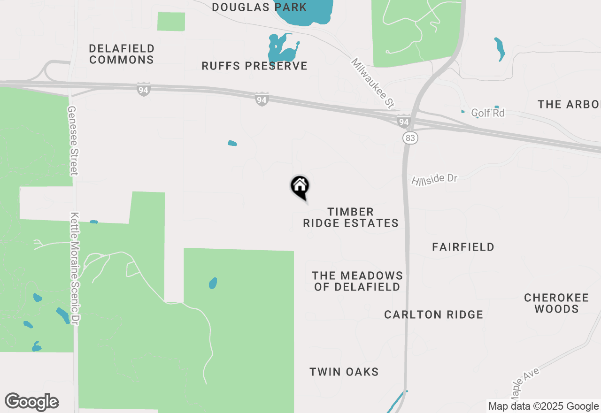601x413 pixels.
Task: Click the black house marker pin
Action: pyautogui.click(x=300, y=186)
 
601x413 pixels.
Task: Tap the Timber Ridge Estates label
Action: pyautogui.click(x=351, y=218)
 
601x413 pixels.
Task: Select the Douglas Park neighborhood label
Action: pyautogui.click(x=259, y=8)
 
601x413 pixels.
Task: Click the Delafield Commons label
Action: pyautogui.click(x=122, y=54)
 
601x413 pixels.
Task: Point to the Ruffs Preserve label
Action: pyautogui.click(x=254, y=66)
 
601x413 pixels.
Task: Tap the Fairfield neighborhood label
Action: pyautogui.click(x=463, y=247)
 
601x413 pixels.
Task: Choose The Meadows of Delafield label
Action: pyautogui.click(x=357, y=281)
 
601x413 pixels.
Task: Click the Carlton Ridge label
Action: pyautogui.click(x=433, y=314)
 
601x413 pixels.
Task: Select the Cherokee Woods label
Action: pyautogui.click(x=556, y=303)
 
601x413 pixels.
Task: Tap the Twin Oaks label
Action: pyautogui.click(x=344, y=372)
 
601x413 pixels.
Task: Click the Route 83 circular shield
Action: pyautogui.click(x=410, y=138)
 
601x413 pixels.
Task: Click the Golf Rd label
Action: pyautogui.click(x=487, y=113)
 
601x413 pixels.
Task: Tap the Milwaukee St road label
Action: pyautogui.click(x=372, y=84)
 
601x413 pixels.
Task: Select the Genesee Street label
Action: pyautogui.click(x=72, y=140)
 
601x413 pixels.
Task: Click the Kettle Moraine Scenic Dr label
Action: pyautogui.click(x=75, y=268)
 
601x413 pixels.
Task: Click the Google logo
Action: pyautogui.click(x=32, y=402)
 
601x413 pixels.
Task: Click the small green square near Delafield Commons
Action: pyautogui.click(x=171, y=22)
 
